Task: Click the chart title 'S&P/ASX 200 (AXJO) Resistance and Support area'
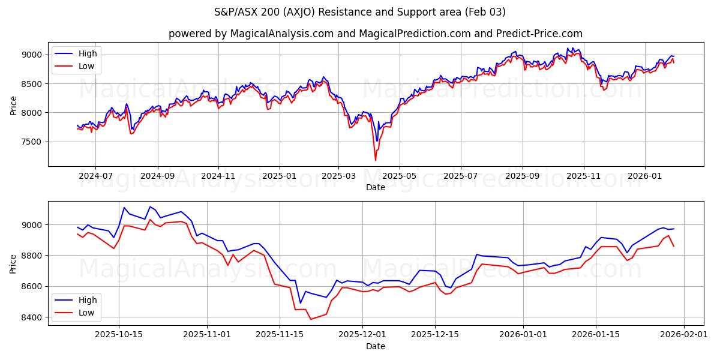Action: point(360,12)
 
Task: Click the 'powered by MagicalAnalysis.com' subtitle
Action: point(251,34)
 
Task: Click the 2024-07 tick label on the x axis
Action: point(95,176)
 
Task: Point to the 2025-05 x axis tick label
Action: point(399,176)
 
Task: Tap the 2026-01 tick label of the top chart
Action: point(645,176)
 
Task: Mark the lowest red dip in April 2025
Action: point(376,160)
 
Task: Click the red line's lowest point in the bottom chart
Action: point(311,319)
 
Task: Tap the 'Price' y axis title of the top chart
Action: point(14,104)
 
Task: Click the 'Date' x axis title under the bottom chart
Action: point(376,346)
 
